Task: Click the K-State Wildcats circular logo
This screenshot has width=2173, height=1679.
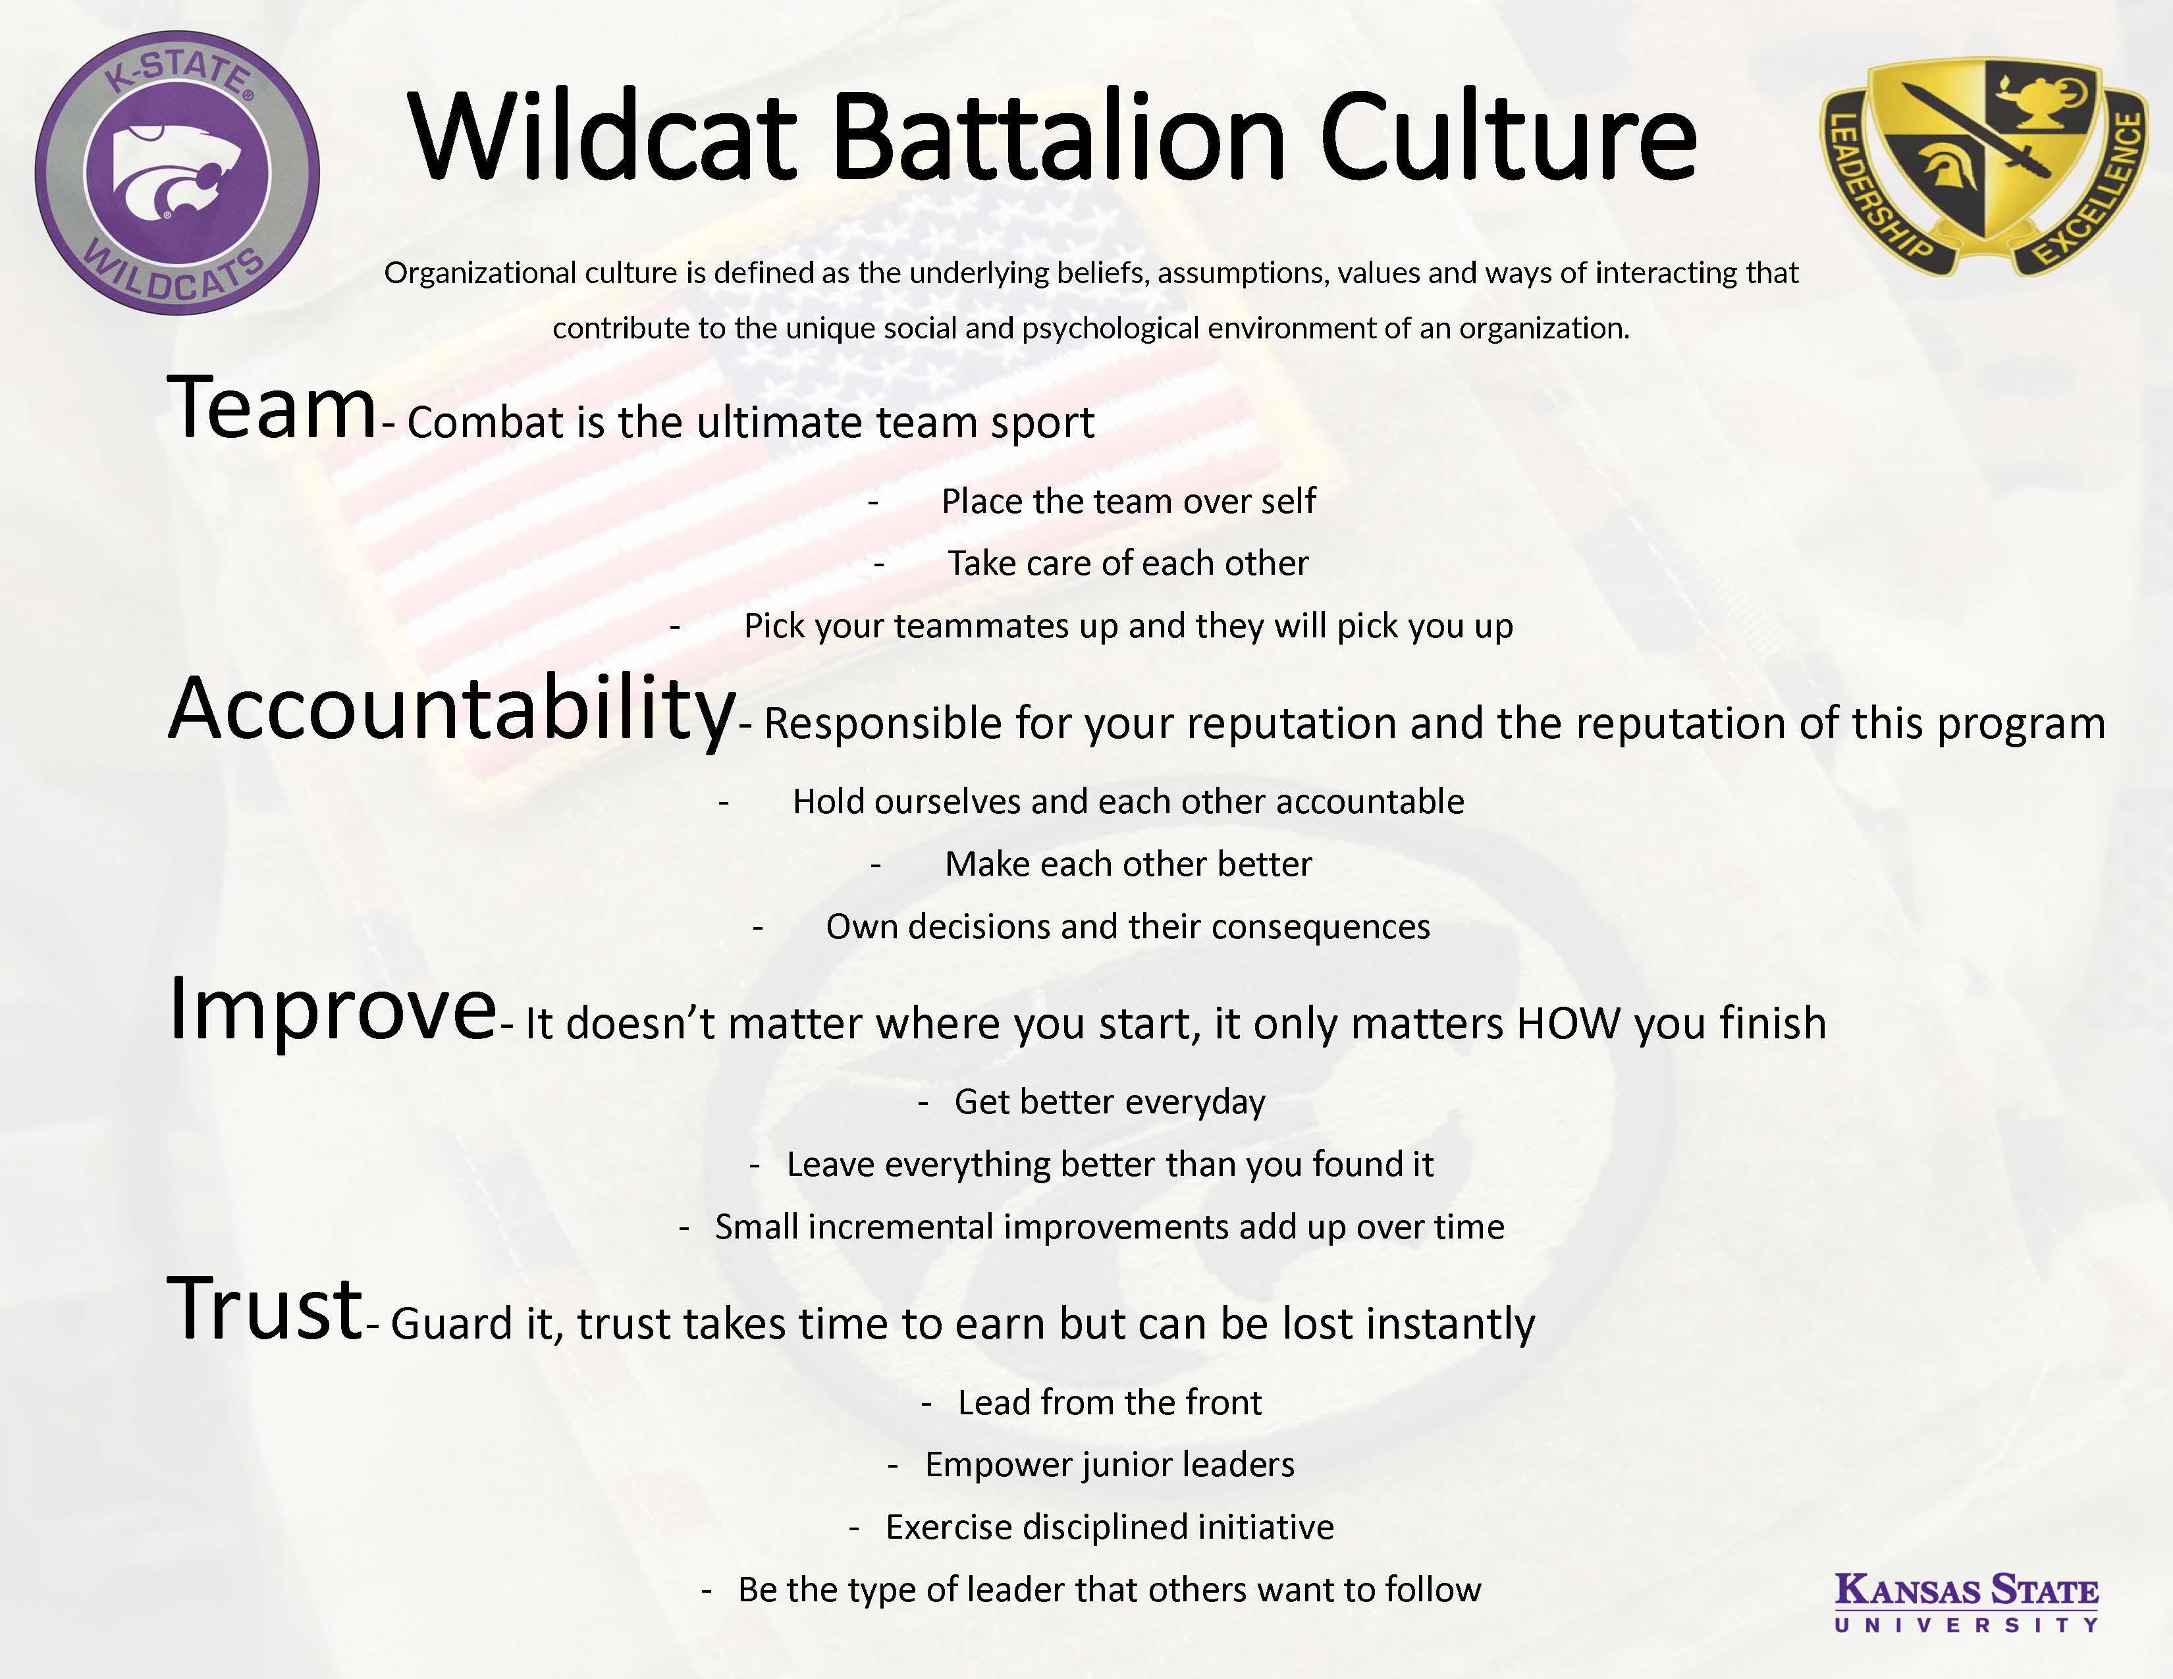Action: tap(177, 173)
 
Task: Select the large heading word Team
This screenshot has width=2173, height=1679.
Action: tap(271, 408)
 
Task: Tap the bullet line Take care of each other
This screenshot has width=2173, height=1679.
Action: tap(1127, 563)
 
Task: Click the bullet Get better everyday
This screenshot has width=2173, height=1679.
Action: tap(1110, 1102)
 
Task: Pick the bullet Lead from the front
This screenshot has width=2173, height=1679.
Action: tap(1110, 1402)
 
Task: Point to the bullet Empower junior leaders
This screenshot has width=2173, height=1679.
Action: tap(1110, 1465)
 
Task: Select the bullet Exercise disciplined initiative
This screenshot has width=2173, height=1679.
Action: tap(1110, 1528)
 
